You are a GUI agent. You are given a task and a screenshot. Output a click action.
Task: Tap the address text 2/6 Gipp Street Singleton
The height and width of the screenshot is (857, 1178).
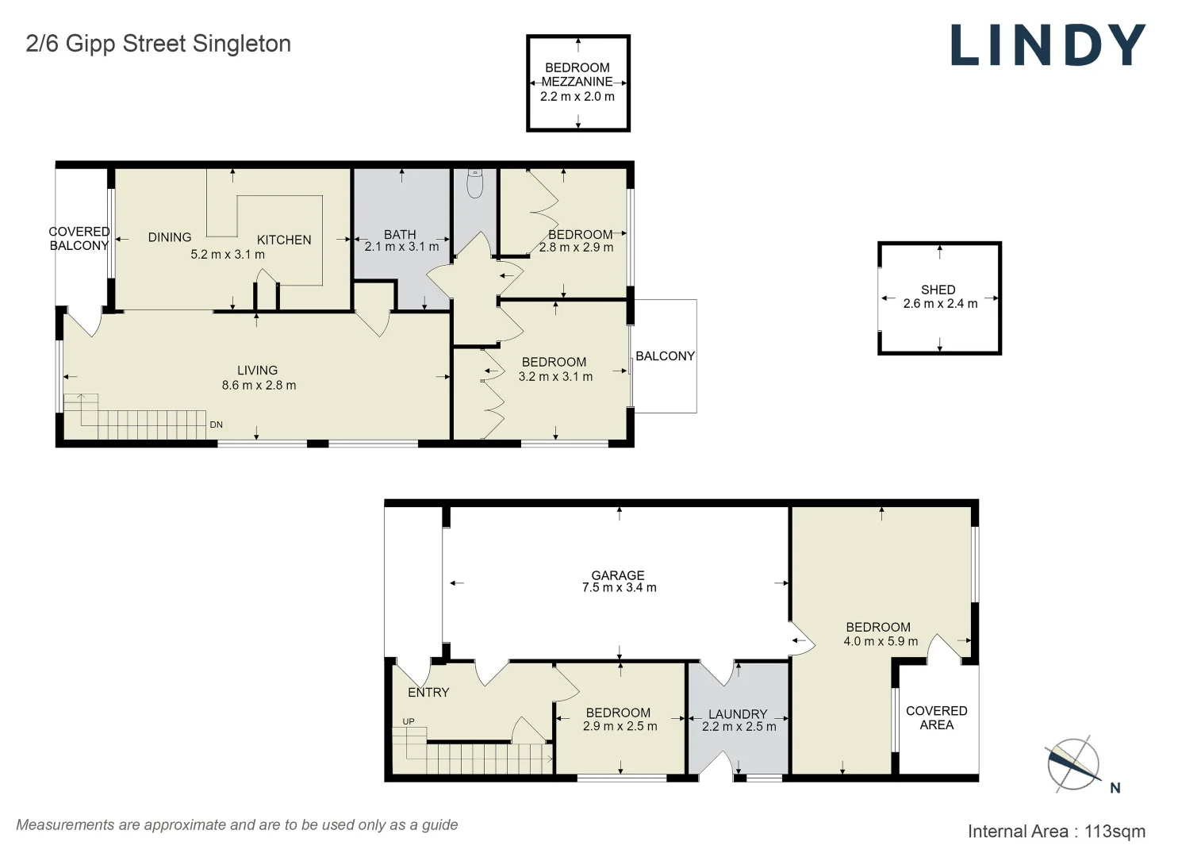(x=159, y=44)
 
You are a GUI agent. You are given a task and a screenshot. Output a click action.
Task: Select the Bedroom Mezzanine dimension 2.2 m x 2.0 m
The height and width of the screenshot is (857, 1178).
(x=577, y=96)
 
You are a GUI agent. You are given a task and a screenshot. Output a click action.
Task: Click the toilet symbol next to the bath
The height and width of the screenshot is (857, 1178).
(x=475, y=183)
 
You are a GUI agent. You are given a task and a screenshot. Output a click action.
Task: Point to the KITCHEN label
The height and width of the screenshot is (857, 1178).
(x=284, y=240)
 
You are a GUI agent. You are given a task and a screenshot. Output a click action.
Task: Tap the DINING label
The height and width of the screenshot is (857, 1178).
(x=169, y=237)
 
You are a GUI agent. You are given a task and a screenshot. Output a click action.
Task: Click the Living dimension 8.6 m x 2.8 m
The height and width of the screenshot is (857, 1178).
(x=259, y=385)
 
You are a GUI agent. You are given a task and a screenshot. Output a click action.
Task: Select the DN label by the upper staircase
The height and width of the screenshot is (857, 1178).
(x=216, y=425)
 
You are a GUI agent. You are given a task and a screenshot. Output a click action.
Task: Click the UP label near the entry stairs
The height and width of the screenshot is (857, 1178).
(x=409, y=721)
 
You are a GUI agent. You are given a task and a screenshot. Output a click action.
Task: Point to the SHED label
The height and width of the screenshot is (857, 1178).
(x=938, y=290)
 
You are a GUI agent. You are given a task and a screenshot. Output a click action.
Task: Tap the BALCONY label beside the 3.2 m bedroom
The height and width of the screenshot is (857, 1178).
(x=666, y=356)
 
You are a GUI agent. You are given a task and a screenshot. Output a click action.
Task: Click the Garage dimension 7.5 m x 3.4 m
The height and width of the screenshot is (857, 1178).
(x=619, y=588)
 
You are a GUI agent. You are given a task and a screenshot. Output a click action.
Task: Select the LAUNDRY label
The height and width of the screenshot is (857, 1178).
(x=738, y=714)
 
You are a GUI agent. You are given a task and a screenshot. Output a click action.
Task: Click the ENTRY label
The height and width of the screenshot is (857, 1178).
(x=428, y=692)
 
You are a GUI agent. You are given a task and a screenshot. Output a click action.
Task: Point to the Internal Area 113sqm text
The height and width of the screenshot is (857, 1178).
(x=1057, y=832)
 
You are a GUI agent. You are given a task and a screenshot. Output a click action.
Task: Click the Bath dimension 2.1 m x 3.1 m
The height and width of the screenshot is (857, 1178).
(x=401, y=247)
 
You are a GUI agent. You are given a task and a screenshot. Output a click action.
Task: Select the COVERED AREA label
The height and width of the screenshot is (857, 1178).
(x=937, y=717)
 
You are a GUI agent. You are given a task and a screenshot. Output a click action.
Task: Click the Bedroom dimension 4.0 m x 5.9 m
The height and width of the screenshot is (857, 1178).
(x=881, y=641)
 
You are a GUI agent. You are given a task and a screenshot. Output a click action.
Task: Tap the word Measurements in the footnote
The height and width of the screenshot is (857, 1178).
(x=66, y=825)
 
